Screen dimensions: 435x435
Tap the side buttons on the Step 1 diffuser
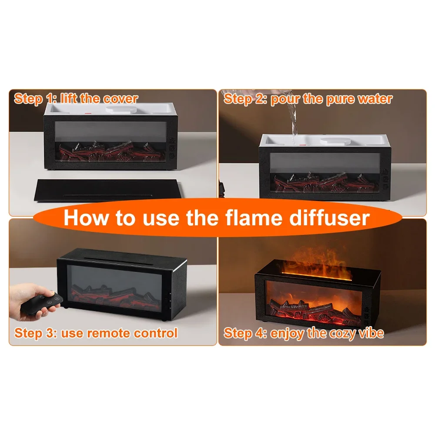point(173,147)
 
